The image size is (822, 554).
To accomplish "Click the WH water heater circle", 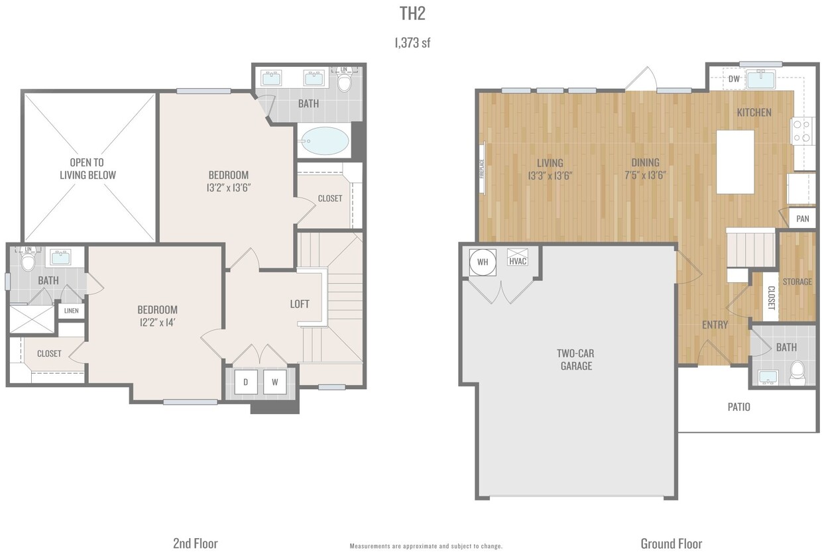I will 483,262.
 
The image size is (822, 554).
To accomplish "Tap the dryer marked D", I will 245,382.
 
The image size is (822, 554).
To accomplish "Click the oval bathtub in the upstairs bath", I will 324,140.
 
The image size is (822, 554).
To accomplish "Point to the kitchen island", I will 735,161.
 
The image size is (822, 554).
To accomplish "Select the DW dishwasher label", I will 733,79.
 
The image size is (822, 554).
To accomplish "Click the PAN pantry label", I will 802,219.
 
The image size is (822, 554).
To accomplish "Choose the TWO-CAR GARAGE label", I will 575,359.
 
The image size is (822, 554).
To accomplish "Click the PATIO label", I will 738,407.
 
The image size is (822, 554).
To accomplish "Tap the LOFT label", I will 300,304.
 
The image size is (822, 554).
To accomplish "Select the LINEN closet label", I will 70,311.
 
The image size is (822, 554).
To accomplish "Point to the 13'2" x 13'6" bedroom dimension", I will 229,188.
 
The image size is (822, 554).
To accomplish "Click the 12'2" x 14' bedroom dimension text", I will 157,322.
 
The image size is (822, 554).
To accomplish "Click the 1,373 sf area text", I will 412,43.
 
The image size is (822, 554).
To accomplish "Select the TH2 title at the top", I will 412,15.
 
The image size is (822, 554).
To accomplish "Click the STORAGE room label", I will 797,282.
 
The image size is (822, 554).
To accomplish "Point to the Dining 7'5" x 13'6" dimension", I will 644,176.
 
